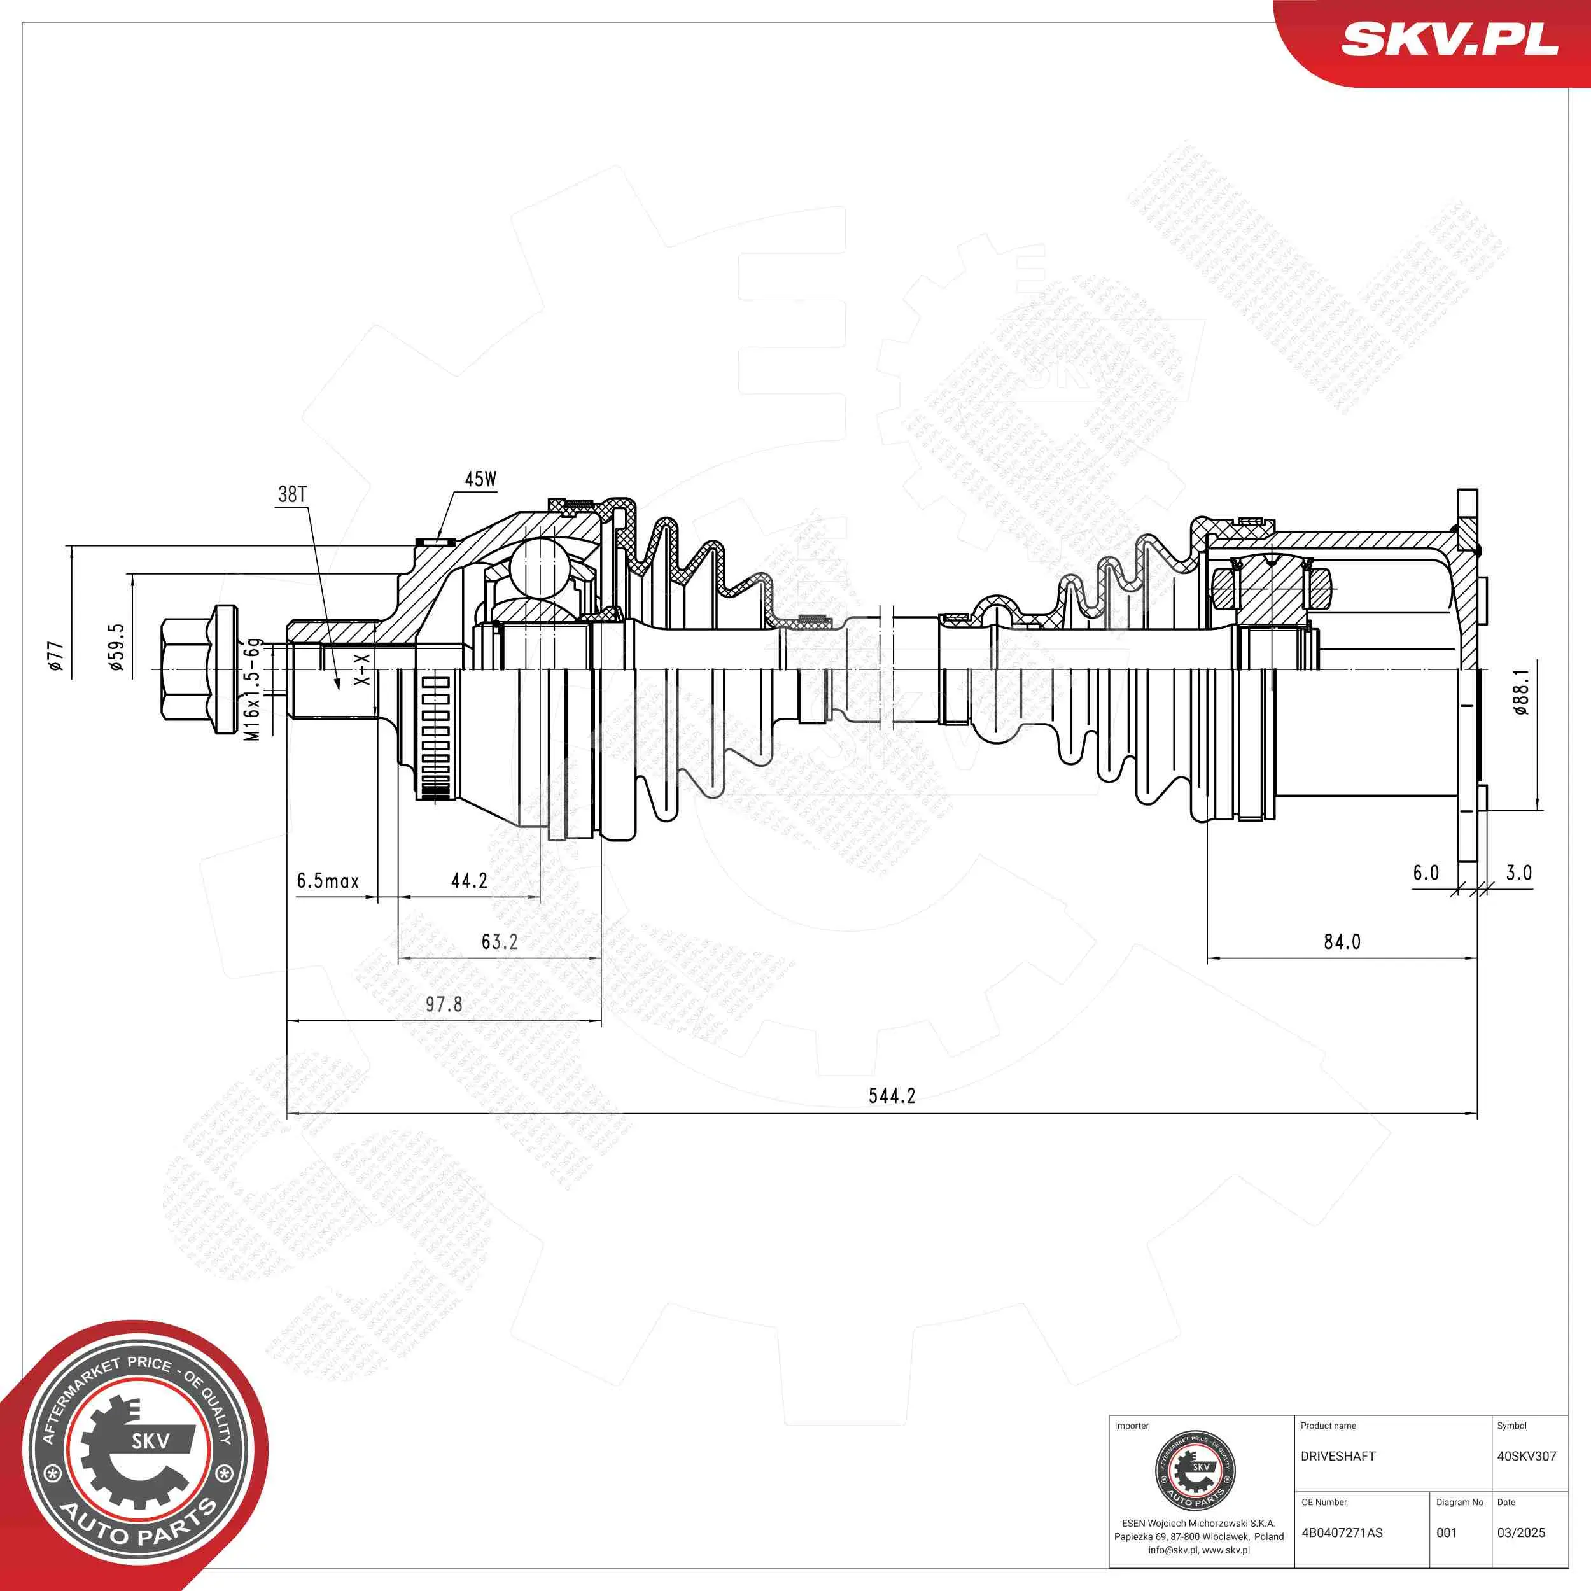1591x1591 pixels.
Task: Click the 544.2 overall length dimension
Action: pos(891,1095)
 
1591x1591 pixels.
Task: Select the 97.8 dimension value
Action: pos(444,1004)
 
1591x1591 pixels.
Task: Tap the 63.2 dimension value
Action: pos(499,941)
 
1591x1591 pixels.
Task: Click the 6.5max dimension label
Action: pos(328,880)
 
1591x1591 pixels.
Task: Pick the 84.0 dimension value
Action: pos(1342,941)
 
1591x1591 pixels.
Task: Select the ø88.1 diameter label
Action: pos(1520,692)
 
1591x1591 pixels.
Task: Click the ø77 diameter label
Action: pos(55,655)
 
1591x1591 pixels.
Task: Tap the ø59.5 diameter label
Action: pos(117,647)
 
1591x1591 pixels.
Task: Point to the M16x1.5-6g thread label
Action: pos(253,689)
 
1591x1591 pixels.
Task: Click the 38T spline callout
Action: pos(292,494)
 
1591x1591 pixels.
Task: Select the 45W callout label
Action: pos(480,479)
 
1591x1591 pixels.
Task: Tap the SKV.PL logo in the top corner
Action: pos(1449,39)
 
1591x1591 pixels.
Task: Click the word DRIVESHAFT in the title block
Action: pos(1338,1457)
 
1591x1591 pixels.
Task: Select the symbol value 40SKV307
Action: pos(1526,1457)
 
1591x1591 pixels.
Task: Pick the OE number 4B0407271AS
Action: pos(1342,1532)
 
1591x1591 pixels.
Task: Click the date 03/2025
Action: pos(1520,1532)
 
